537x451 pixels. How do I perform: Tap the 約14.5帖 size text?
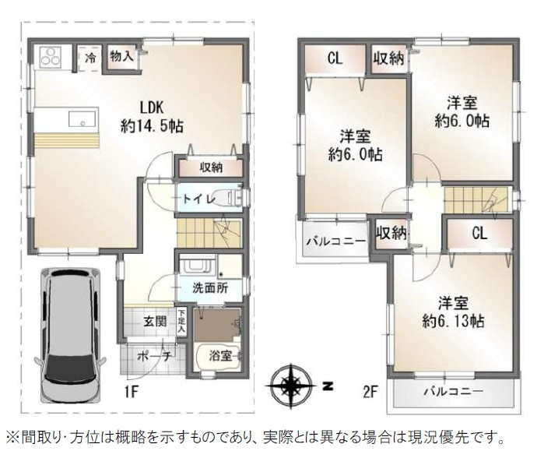click(151, 125)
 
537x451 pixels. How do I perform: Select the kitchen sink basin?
click(81, 119)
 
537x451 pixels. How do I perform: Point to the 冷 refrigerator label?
click(90, 58)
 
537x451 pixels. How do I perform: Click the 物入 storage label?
click(121, 56)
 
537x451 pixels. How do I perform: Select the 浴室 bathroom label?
click(219, 356)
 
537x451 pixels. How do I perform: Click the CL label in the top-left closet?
click(335, 58)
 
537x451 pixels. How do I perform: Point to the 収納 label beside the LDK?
click(211, 167)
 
